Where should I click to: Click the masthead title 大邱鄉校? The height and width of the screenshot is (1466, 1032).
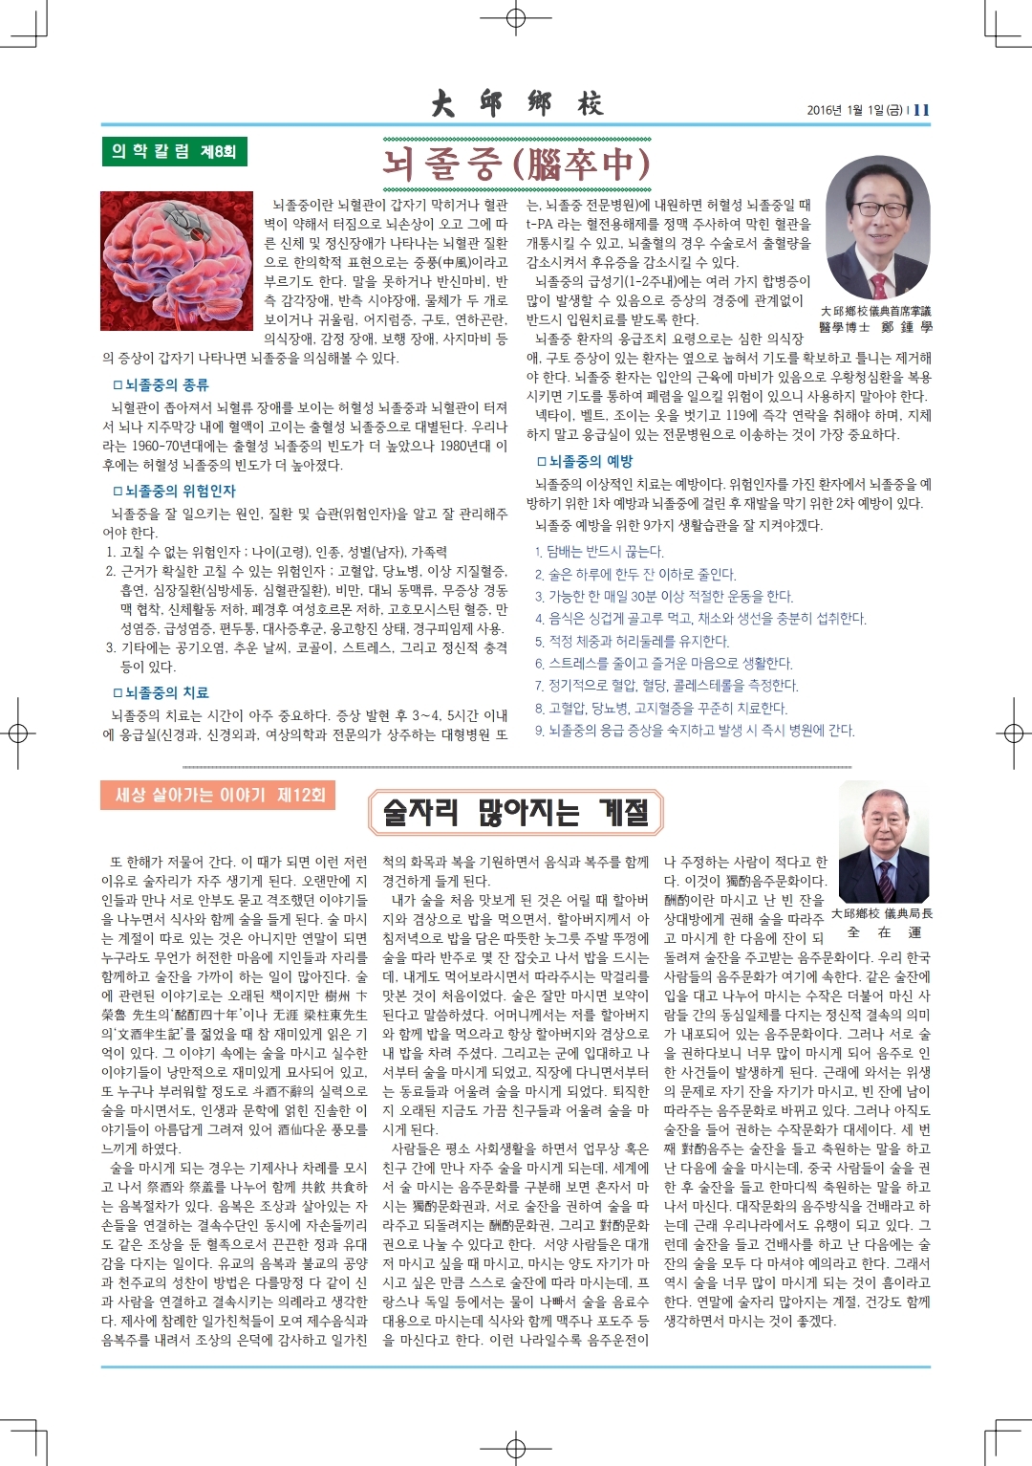pyautogui.click(x=516, y=102)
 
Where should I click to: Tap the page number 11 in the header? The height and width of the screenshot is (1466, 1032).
pyautogui.click(x=921, y=110)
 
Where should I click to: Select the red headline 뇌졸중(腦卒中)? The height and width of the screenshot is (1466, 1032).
pyautogui.click(x=516, y=164)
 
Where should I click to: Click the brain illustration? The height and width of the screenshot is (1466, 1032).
pyautogui.click(x=178, y=259)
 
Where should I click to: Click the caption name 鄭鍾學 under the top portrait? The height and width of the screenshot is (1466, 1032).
pyautogui.click(x=906, y=327)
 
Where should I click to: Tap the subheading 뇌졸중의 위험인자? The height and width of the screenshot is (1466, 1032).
pyautogui.click(x=174, y=491)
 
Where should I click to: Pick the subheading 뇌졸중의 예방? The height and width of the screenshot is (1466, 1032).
pyautogui.click(x=584, y=461)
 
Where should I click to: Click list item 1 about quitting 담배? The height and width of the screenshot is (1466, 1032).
pyautogui.click(x=599, y=552)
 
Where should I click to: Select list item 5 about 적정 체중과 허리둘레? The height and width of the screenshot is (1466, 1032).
pyautogui.click(x=632, y=641)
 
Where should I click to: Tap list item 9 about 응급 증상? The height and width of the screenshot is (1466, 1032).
pyautogui.click(x=695, y=730)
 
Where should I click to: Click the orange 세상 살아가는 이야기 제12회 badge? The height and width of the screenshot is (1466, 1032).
pyautogui.click(x=218, y=795)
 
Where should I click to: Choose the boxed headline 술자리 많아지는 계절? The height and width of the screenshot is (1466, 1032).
pyautogui.click(x=516, y=813)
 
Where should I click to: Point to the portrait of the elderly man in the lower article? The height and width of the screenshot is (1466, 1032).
pyautogui.click(x=884, y=840)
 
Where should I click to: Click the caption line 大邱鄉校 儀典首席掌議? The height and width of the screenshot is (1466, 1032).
pyautogui.click(x=875, y=312)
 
